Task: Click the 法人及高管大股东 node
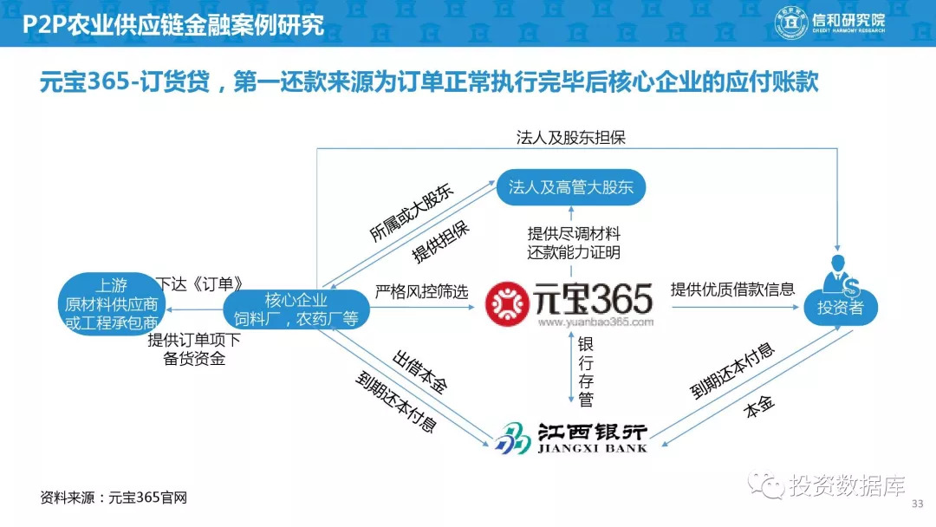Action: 570,187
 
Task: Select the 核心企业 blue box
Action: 296,309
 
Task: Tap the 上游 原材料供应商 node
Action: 111,303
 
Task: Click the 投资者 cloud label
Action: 841,308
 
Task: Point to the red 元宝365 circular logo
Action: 507,304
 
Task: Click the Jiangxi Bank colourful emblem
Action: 512,439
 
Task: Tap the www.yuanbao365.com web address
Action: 595,322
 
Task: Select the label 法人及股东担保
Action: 570,138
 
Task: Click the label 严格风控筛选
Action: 421,292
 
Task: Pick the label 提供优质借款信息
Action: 732,290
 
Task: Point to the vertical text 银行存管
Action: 586,371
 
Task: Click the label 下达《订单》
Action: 199,283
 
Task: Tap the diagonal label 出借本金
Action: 419,373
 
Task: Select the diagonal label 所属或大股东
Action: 412,212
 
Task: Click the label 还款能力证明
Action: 574,252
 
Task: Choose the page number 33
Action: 918,504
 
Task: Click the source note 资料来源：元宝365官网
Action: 114,498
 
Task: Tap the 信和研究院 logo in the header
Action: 829,22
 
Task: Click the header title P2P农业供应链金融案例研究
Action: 173,24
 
